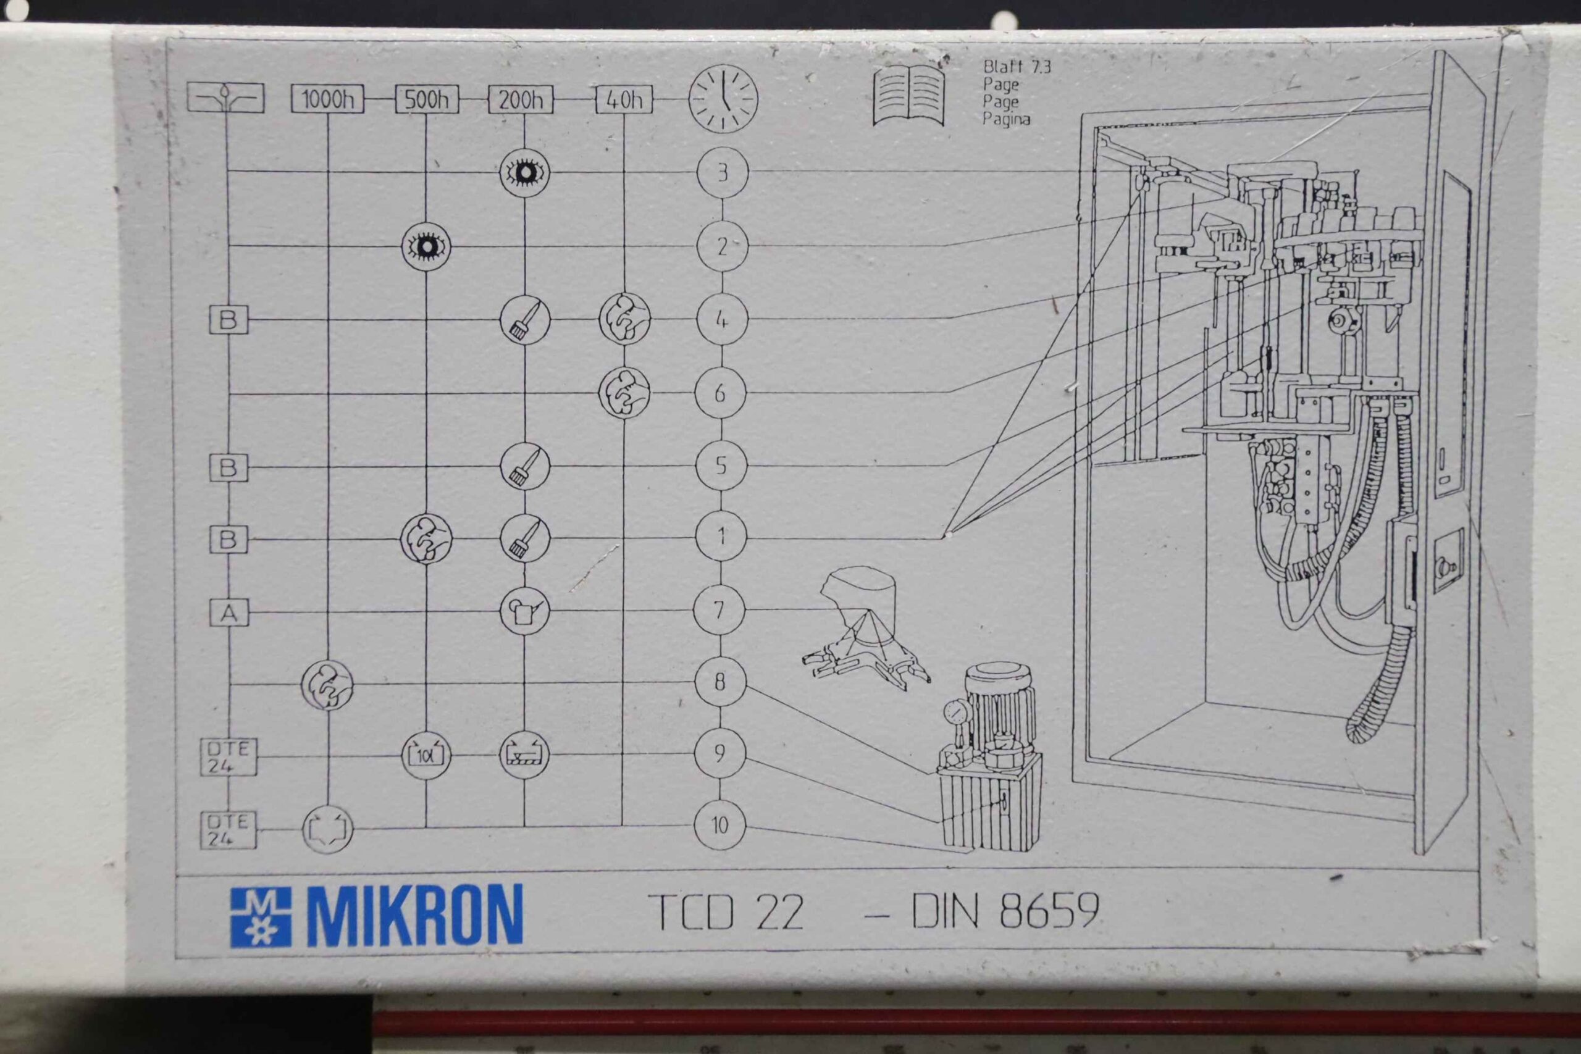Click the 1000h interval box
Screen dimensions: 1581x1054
coord(327,99)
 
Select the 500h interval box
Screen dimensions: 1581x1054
coord(427,99)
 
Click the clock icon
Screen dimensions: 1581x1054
coord(723,99)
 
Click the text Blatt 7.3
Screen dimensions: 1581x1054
coord(1017,67)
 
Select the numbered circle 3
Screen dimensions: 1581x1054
coord(723,173)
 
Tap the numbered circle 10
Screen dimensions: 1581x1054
coord(720,825)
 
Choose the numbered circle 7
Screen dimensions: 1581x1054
coord(719,610)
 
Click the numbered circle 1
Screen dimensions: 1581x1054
coord(721,537)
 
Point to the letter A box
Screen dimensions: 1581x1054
coord(229,613)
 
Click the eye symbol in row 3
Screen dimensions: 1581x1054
coord(525,173)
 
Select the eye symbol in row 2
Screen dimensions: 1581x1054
coord(426,246)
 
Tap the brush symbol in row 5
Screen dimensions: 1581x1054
coord(525,466)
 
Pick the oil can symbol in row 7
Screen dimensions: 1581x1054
coord(524,611)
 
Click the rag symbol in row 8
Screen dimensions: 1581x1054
coord(327,685)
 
